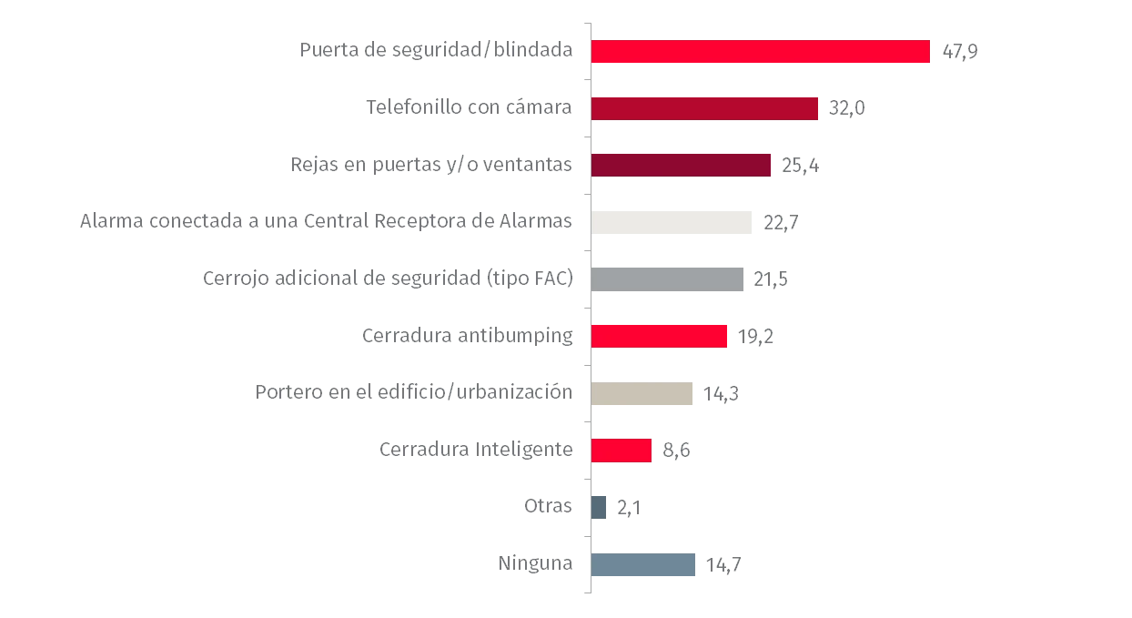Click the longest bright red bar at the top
(x=761, y=52)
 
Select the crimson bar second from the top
(x=705, y=109)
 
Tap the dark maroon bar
(x=681, y=166)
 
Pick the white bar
(x=673, y=224)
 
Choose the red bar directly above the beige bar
(x=659, y=337)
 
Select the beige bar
(x=644, y=394)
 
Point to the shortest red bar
(x=622, y=451)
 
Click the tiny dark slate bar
(x=600, y=508)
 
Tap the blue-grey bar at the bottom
(x=644, y=565)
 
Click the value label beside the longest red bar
(x=959, y=53)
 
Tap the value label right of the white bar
(x=782, y=224)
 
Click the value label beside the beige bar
(x=723, y=394)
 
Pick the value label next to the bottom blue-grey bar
(x=723, y=565)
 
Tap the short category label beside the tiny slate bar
(x=550, y=508)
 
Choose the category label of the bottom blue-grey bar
(x=535, y=565)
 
